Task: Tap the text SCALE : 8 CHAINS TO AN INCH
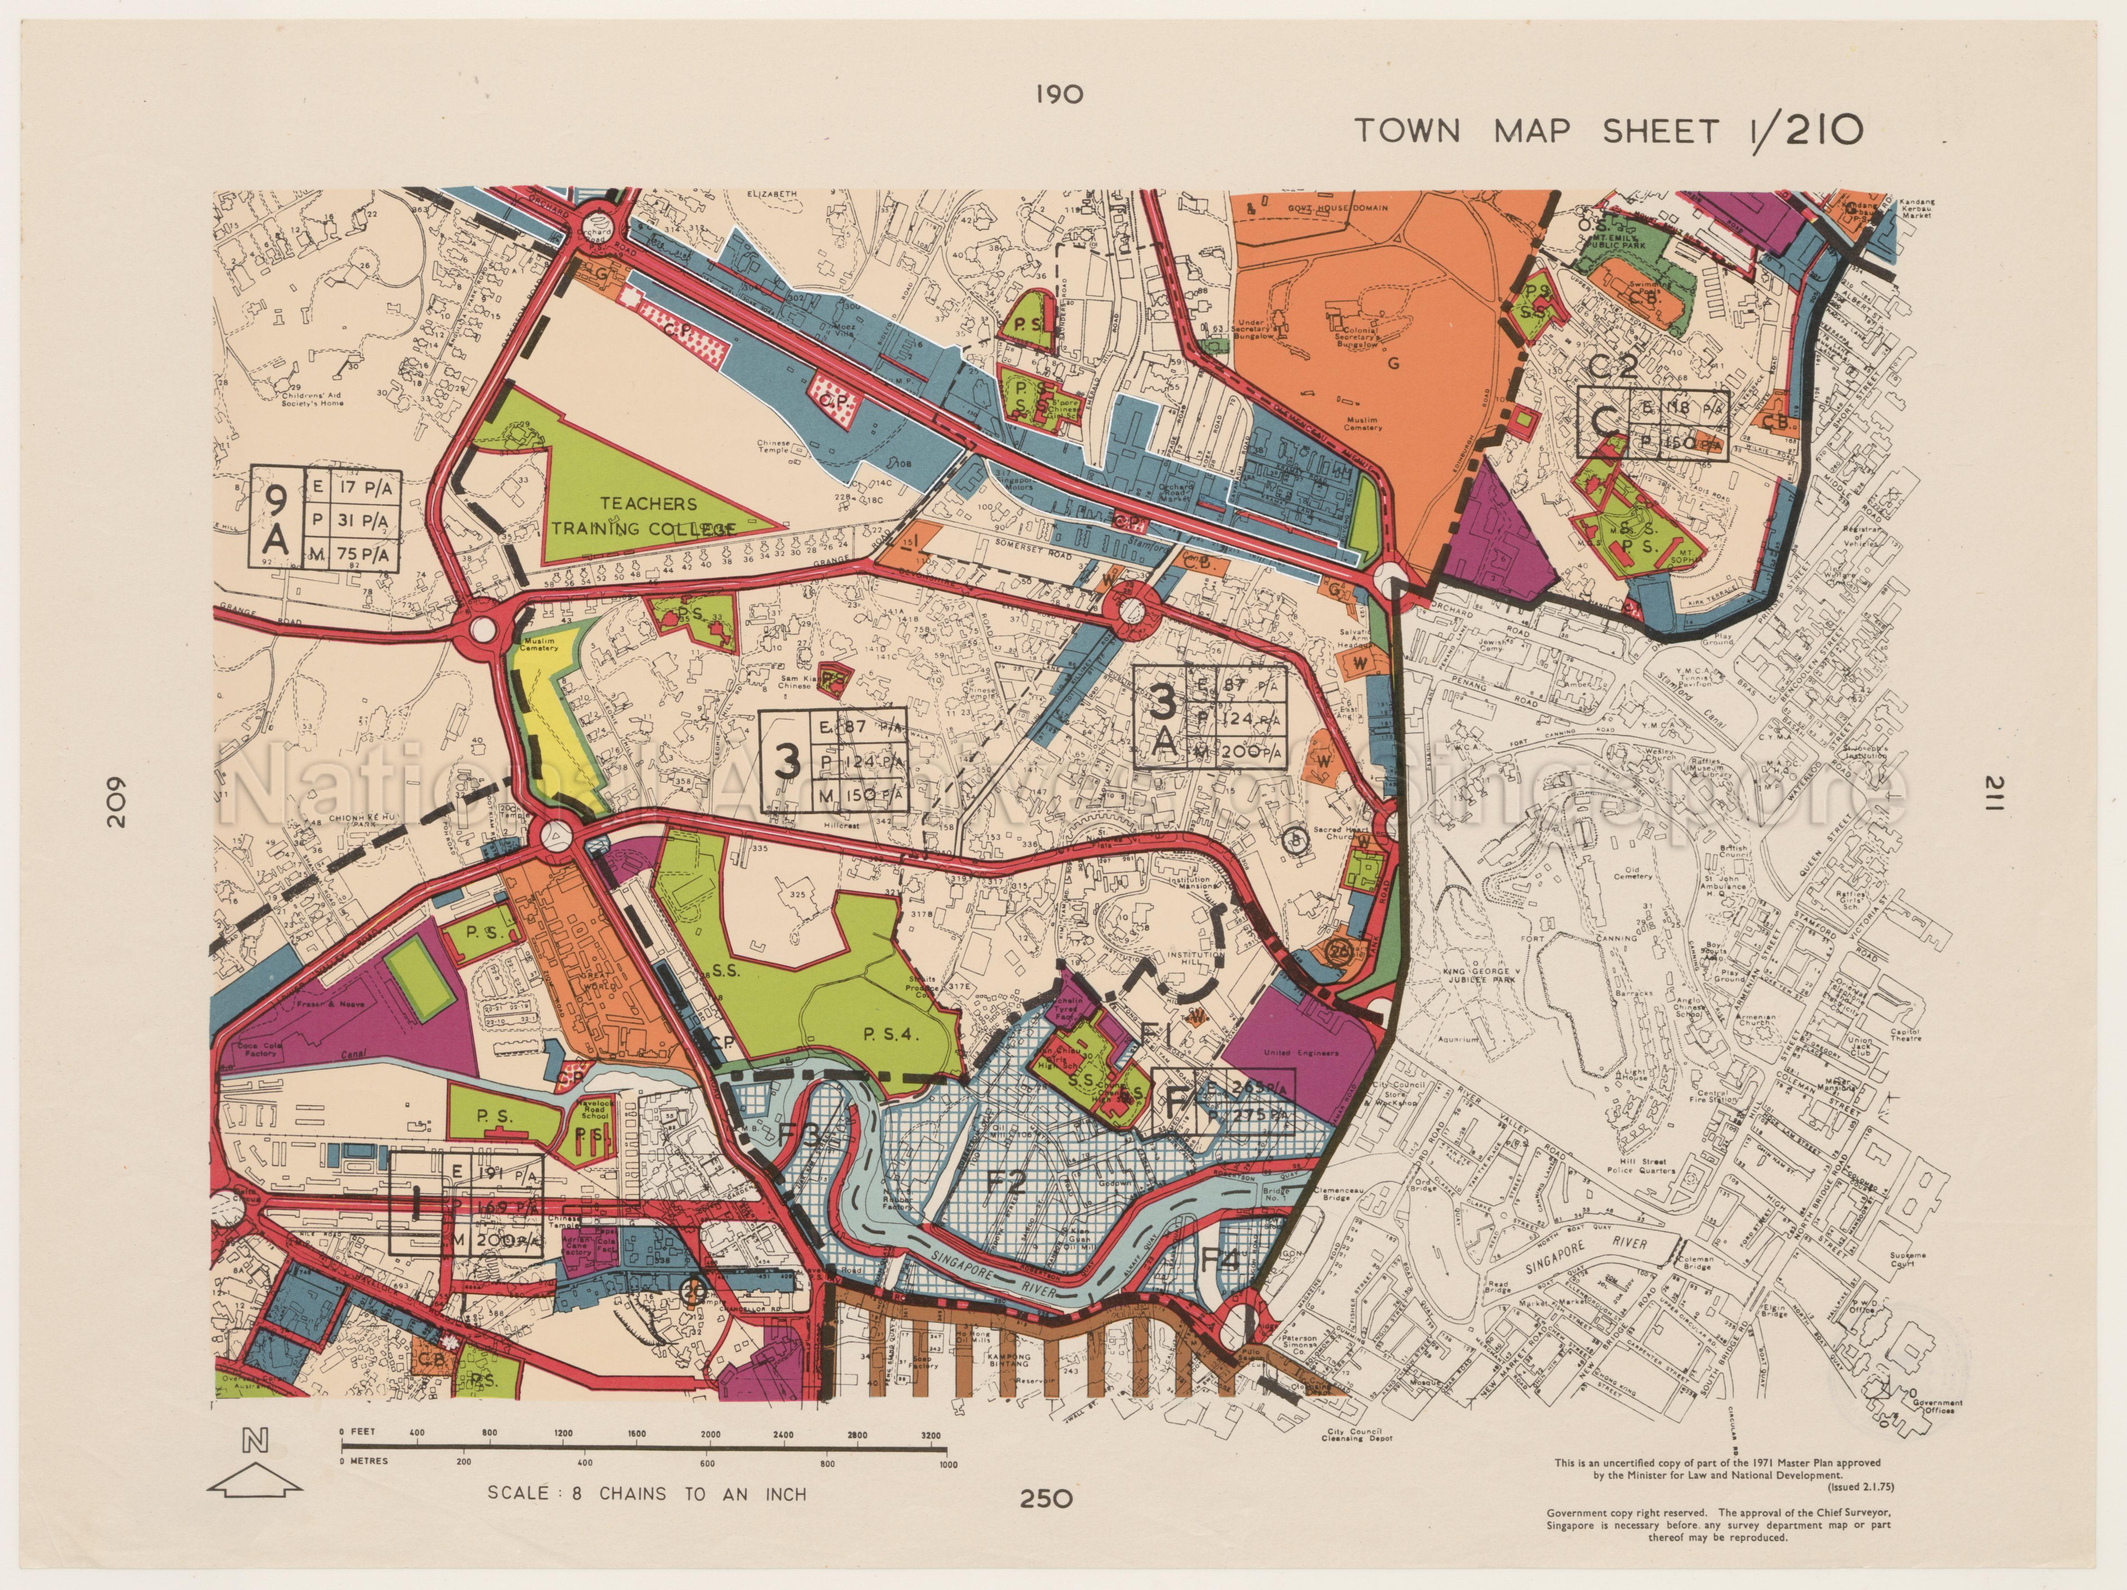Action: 646,1494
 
